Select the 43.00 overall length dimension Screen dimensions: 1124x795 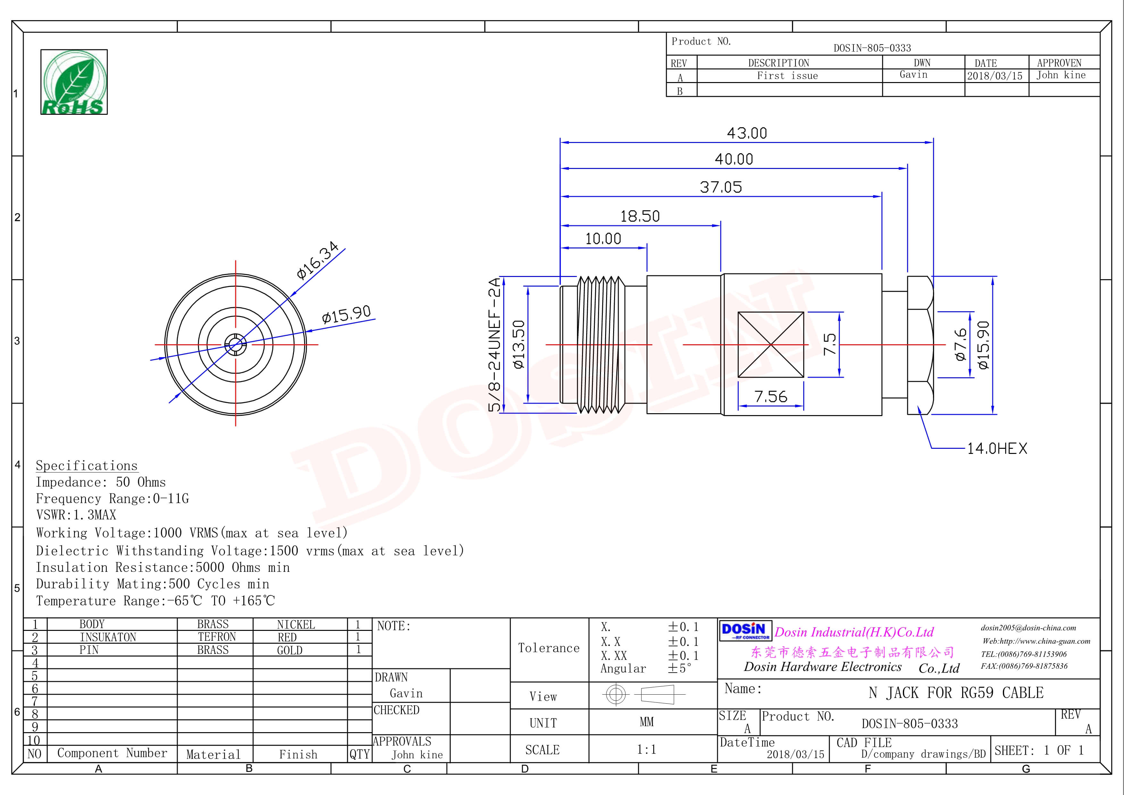point(746,133)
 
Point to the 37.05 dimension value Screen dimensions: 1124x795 point(720,187)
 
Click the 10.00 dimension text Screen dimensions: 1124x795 point(603,239)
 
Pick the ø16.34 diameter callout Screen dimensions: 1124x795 point(317,260)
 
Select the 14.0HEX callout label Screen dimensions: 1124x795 point(997,448)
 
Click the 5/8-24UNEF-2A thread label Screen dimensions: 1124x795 point(495,345)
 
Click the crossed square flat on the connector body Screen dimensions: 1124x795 point(770,345)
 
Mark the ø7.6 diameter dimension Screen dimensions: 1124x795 point(961,345)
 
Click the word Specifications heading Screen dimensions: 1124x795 point(87,465)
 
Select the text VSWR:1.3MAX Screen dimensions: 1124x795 point(76,515)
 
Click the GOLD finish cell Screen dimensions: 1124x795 point(290,650)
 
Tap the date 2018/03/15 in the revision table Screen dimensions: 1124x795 point(995,76)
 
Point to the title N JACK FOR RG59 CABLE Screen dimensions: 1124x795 point(956,693)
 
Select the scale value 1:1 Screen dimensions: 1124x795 point(646,749)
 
